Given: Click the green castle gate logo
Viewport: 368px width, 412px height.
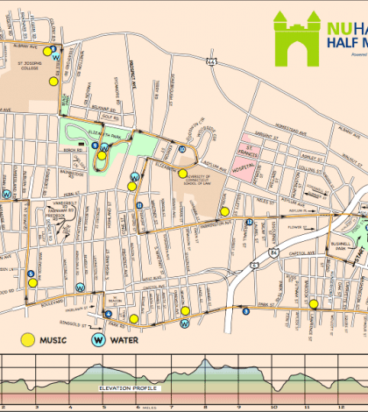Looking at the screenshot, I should [x=297, y=34].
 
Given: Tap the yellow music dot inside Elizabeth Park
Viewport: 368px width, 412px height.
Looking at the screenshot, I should [x=103, y=157].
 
